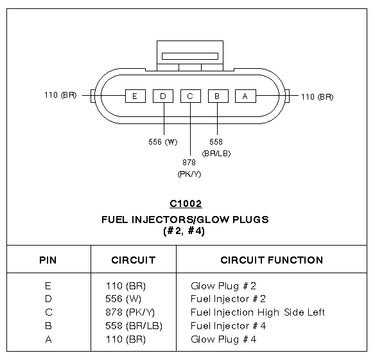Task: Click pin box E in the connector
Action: [135, 96]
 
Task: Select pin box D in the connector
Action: [163, 96]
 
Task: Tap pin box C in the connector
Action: [191, 96]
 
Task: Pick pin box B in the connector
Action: [218, 96]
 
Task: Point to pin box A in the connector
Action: [245, 96]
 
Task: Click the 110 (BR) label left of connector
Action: [60, 95]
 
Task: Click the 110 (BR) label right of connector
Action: [317, 97]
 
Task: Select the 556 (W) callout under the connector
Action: [163, 142]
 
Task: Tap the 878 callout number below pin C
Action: [189, 163]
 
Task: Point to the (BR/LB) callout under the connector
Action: [216, 154]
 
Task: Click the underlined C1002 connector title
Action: [186, 204]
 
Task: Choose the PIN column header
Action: [48, 260]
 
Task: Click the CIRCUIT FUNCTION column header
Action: [272, 260]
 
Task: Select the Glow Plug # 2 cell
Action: [223, 286]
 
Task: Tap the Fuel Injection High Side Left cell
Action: [257, 312]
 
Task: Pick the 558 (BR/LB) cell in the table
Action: [134, 326]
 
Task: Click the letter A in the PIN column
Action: [48, 339]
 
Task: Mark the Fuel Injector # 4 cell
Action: [228, 326]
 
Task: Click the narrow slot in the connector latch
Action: [190, 57]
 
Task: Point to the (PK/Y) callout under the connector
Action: [189, 174]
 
